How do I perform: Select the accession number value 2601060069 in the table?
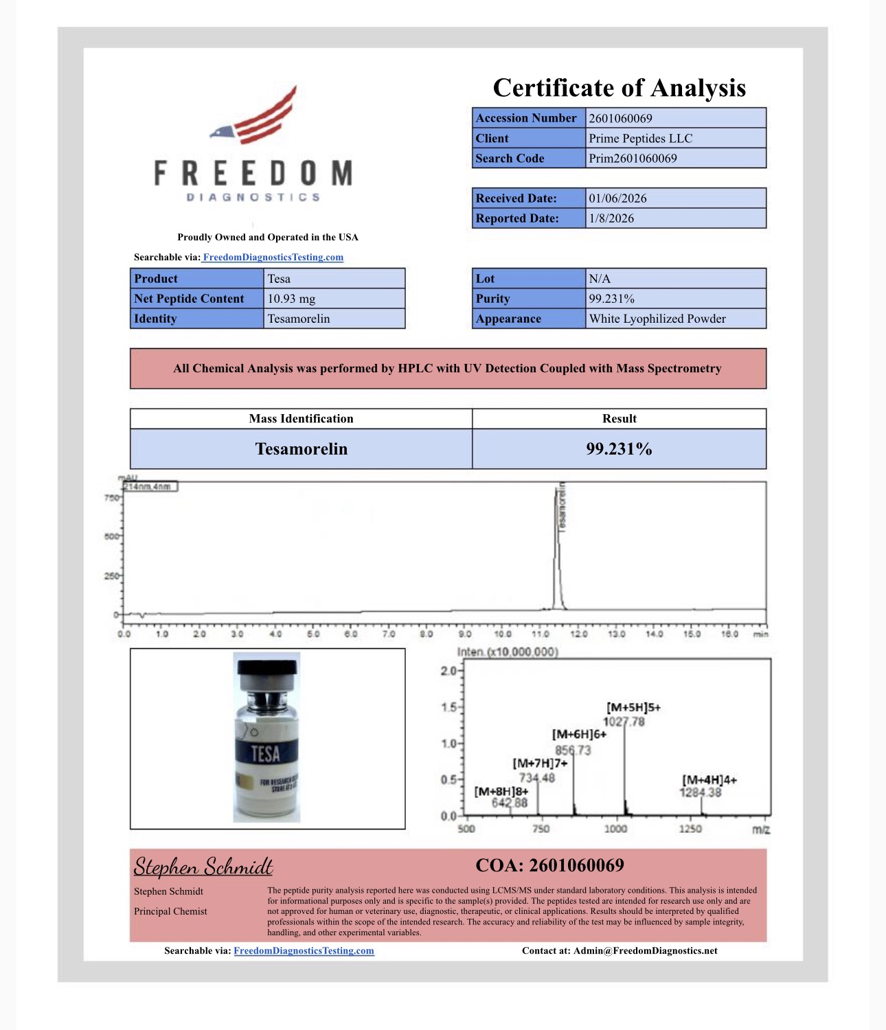click(x=620, y=118)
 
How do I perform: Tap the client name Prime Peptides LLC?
click(x=640, y=138)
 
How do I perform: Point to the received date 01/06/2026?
click(x=617, y=198)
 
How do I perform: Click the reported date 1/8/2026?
click(x=611, y=218)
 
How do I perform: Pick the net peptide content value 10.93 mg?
click(x=291, y=299)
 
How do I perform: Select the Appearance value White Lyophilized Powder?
click(x=657, y=319)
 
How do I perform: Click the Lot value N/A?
click(x=600, y=279)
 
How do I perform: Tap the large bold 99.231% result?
click(x=619, y=449)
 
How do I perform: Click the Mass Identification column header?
click(x=301, y=419)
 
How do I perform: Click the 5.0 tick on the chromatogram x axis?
click(x=313, y=634)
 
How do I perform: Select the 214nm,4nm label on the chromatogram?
click(x=149, y=487)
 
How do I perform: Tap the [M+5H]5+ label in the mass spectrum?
click(x=633, y=707)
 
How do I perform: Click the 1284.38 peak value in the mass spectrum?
click(x=701, y=792)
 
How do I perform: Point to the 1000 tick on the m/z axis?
click(x=615, y=829)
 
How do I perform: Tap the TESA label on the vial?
click(x=266, y=754)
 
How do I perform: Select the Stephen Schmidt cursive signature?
click(x=203, y=867)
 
